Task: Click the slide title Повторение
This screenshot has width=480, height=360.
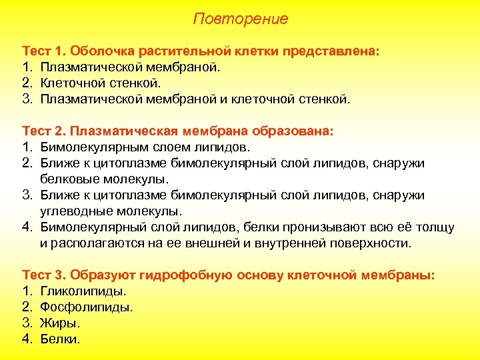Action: pos(240,19)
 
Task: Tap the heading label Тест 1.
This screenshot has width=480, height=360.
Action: pos(44,51)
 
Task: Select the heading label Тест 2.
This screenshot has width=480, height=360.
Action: pos(44,131)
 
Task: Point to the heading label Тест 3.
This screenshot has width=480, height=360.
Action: pos(44,275)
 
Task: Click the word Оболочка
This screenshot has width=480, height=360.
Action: pos(99,51)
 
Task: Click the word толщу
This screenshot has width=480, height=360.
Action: pos(435,227)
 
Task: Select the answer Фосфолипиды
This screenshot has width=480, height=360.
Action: pos(87,307)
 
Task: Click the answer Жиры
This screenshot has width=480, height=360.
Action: pos(60,323)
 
